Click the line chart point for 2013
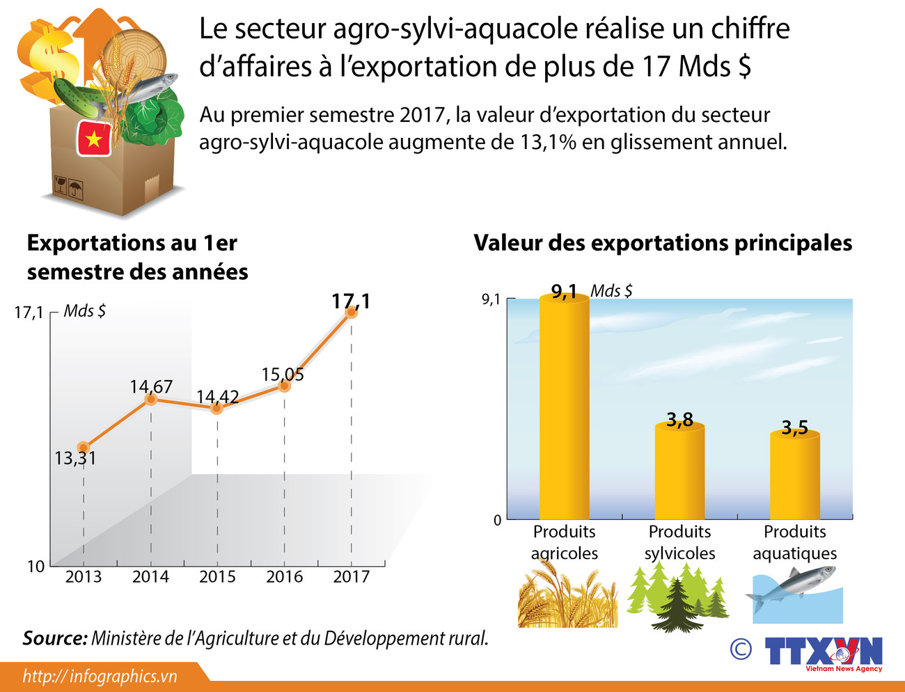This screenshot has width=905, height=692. (84, 448)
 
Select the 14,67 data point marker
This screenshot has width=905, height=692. (150, 399)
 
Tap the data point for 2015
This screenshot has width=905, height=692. (217, 408)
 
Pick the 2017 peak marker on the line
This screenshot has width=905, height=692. (352, 313)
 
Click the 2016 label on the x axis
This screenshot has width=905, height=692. (284, 576)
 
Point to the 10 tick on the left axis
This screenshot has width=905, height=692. (36, 566)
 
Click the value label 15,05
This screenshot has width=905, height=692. (282, 375)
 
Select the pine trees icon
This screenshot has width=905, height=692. (677, 597)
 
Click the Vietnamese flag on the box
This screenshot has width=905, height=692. (93, 138)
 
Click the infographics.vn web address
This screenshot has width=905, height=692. (100, 676)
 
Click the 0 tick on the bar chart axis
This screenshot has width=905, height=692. (497, 520)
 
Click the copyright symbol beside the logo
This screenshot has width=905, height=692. (741, 649)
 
